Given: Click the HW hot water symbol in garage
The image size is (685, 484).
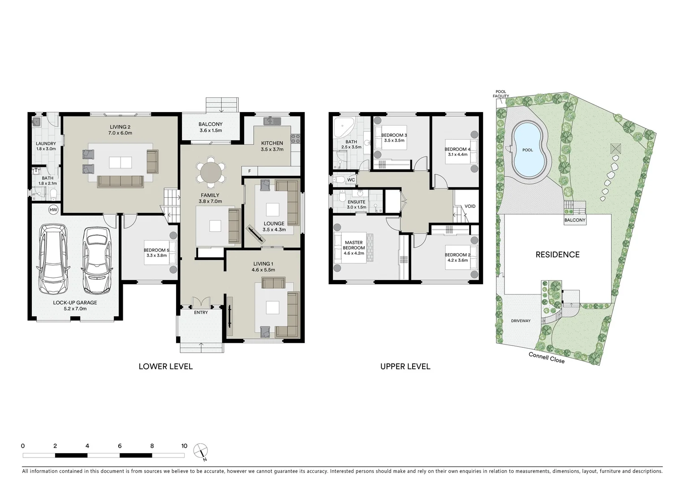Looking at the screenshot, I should click(53, 210).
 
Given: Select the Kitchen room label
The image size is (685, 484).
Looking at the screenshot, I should click(272, 143).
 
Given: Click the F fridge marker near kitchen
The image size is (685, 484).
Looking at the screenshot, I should click(250, 171).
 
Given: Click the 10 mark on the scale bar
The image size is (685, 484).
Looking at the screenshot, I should click(184, 446).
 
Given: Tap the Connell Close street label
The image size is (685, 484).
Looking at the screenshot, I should click(547, 358).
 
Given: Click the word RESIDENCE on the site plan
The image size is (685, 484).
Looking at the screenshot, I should click(557, 255).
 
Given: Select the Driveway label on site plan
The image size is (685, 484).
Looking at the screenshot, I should click(521, 321).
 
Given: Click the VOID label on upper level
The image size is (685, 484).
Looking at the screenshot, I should click(470, 206).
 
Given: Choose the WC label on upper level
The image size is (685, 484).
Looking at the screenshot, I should click(351, 180).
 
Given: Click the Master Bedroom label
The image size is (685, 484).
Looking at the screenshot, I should click(353, 245).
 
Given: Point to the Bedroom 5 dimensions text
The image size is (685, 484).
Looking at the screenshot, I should click(156, 255).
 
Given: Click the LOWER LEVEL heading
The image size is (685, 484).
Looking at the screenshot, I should click(165, 367).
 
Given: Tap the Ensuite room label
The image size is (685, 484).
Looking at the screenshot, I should click(356, 202).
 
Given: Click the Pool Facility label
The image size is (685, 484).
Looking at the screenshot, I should click(500, 94).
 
